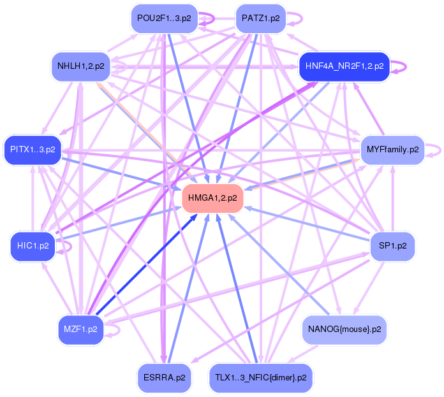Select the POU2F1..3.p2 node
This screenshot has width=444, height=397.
click(164, 18)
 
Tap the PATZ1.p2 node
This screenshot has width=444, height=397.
click(261, 18)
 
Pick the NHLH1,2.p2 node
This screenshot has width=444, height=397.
click(81, 65)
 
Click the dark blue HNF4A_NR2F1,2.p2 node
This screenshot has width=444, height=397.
click(344, 65)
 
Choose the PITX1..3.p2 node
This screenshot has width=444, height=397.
click(33, 150)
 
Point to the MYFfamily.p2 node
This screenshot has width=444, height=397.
click(392, 150)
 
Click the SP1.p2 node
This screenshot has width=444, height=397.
click(393, 245)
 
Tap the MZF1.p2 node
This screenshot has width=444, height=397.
click(80, 329)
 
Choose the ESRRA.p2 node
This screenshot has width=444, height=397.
click(165, 377)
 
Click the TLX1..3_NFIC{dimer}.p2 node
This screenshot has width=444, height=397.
click(261, 377)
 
